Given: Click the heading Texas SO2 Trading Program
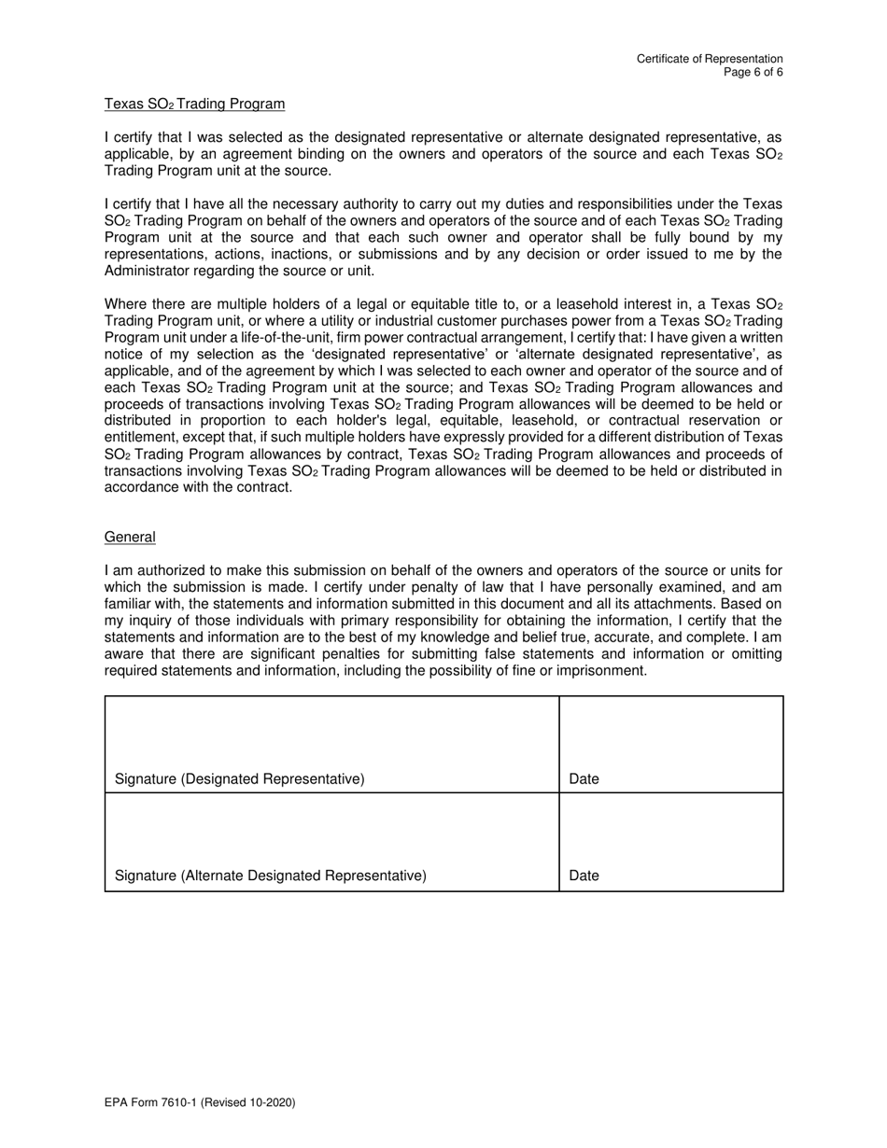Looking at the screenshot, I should point(194,104).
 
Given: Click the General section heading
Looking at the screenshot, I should point(130,538).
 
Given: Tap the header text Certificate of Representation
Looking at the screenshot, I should point(710,59).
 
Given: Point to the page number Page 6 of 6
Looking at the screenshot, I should point(753,72).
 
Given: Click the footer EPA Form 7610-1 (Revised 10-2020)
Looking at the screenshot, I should point(200,1103).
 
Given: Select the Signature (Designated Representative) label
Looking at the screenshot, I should point(239,779).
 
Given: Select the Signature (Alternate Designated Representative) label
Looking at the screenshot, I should point(270,876).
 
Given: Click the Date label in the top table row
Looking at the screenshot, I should point(584,779).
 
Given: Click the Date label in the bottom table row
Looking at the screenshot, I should point(584,876).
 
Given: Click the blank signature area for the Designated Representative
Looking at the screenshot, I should point(331,733).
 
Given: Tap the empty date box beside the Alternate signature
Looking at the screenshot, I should point(670,831).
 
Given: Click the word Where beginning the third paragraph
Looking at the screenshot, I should point(125,304).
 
